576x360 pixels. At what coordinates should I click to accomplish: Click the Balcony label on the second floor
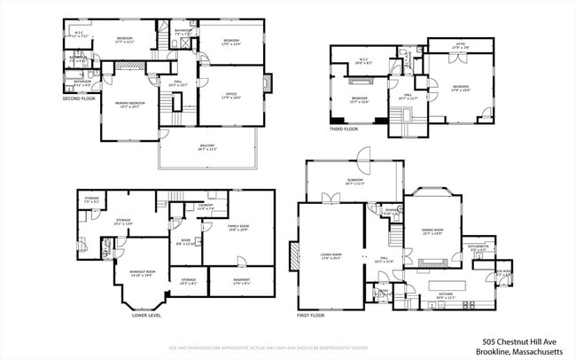pos(206,147)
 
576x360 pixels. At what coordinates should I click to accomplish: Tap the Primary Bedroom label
pos(131,105)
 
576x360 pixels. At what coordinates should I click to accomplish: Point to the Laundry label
pos(205,207)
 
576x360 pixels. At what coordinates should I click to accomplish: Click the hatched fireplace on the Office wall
pos(269,84)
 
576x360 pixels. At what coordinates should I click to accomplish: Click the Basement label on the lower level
pos(241,283)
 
